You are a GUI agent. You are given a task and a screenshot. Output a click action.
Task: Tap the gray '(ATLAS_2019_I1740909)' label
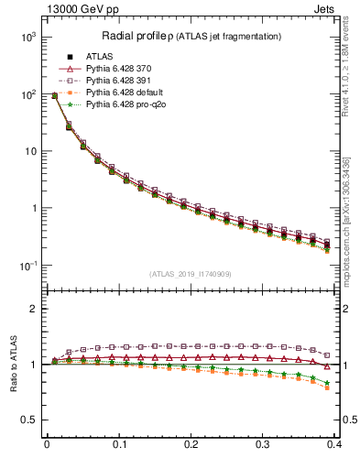(x=191, y=274)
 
